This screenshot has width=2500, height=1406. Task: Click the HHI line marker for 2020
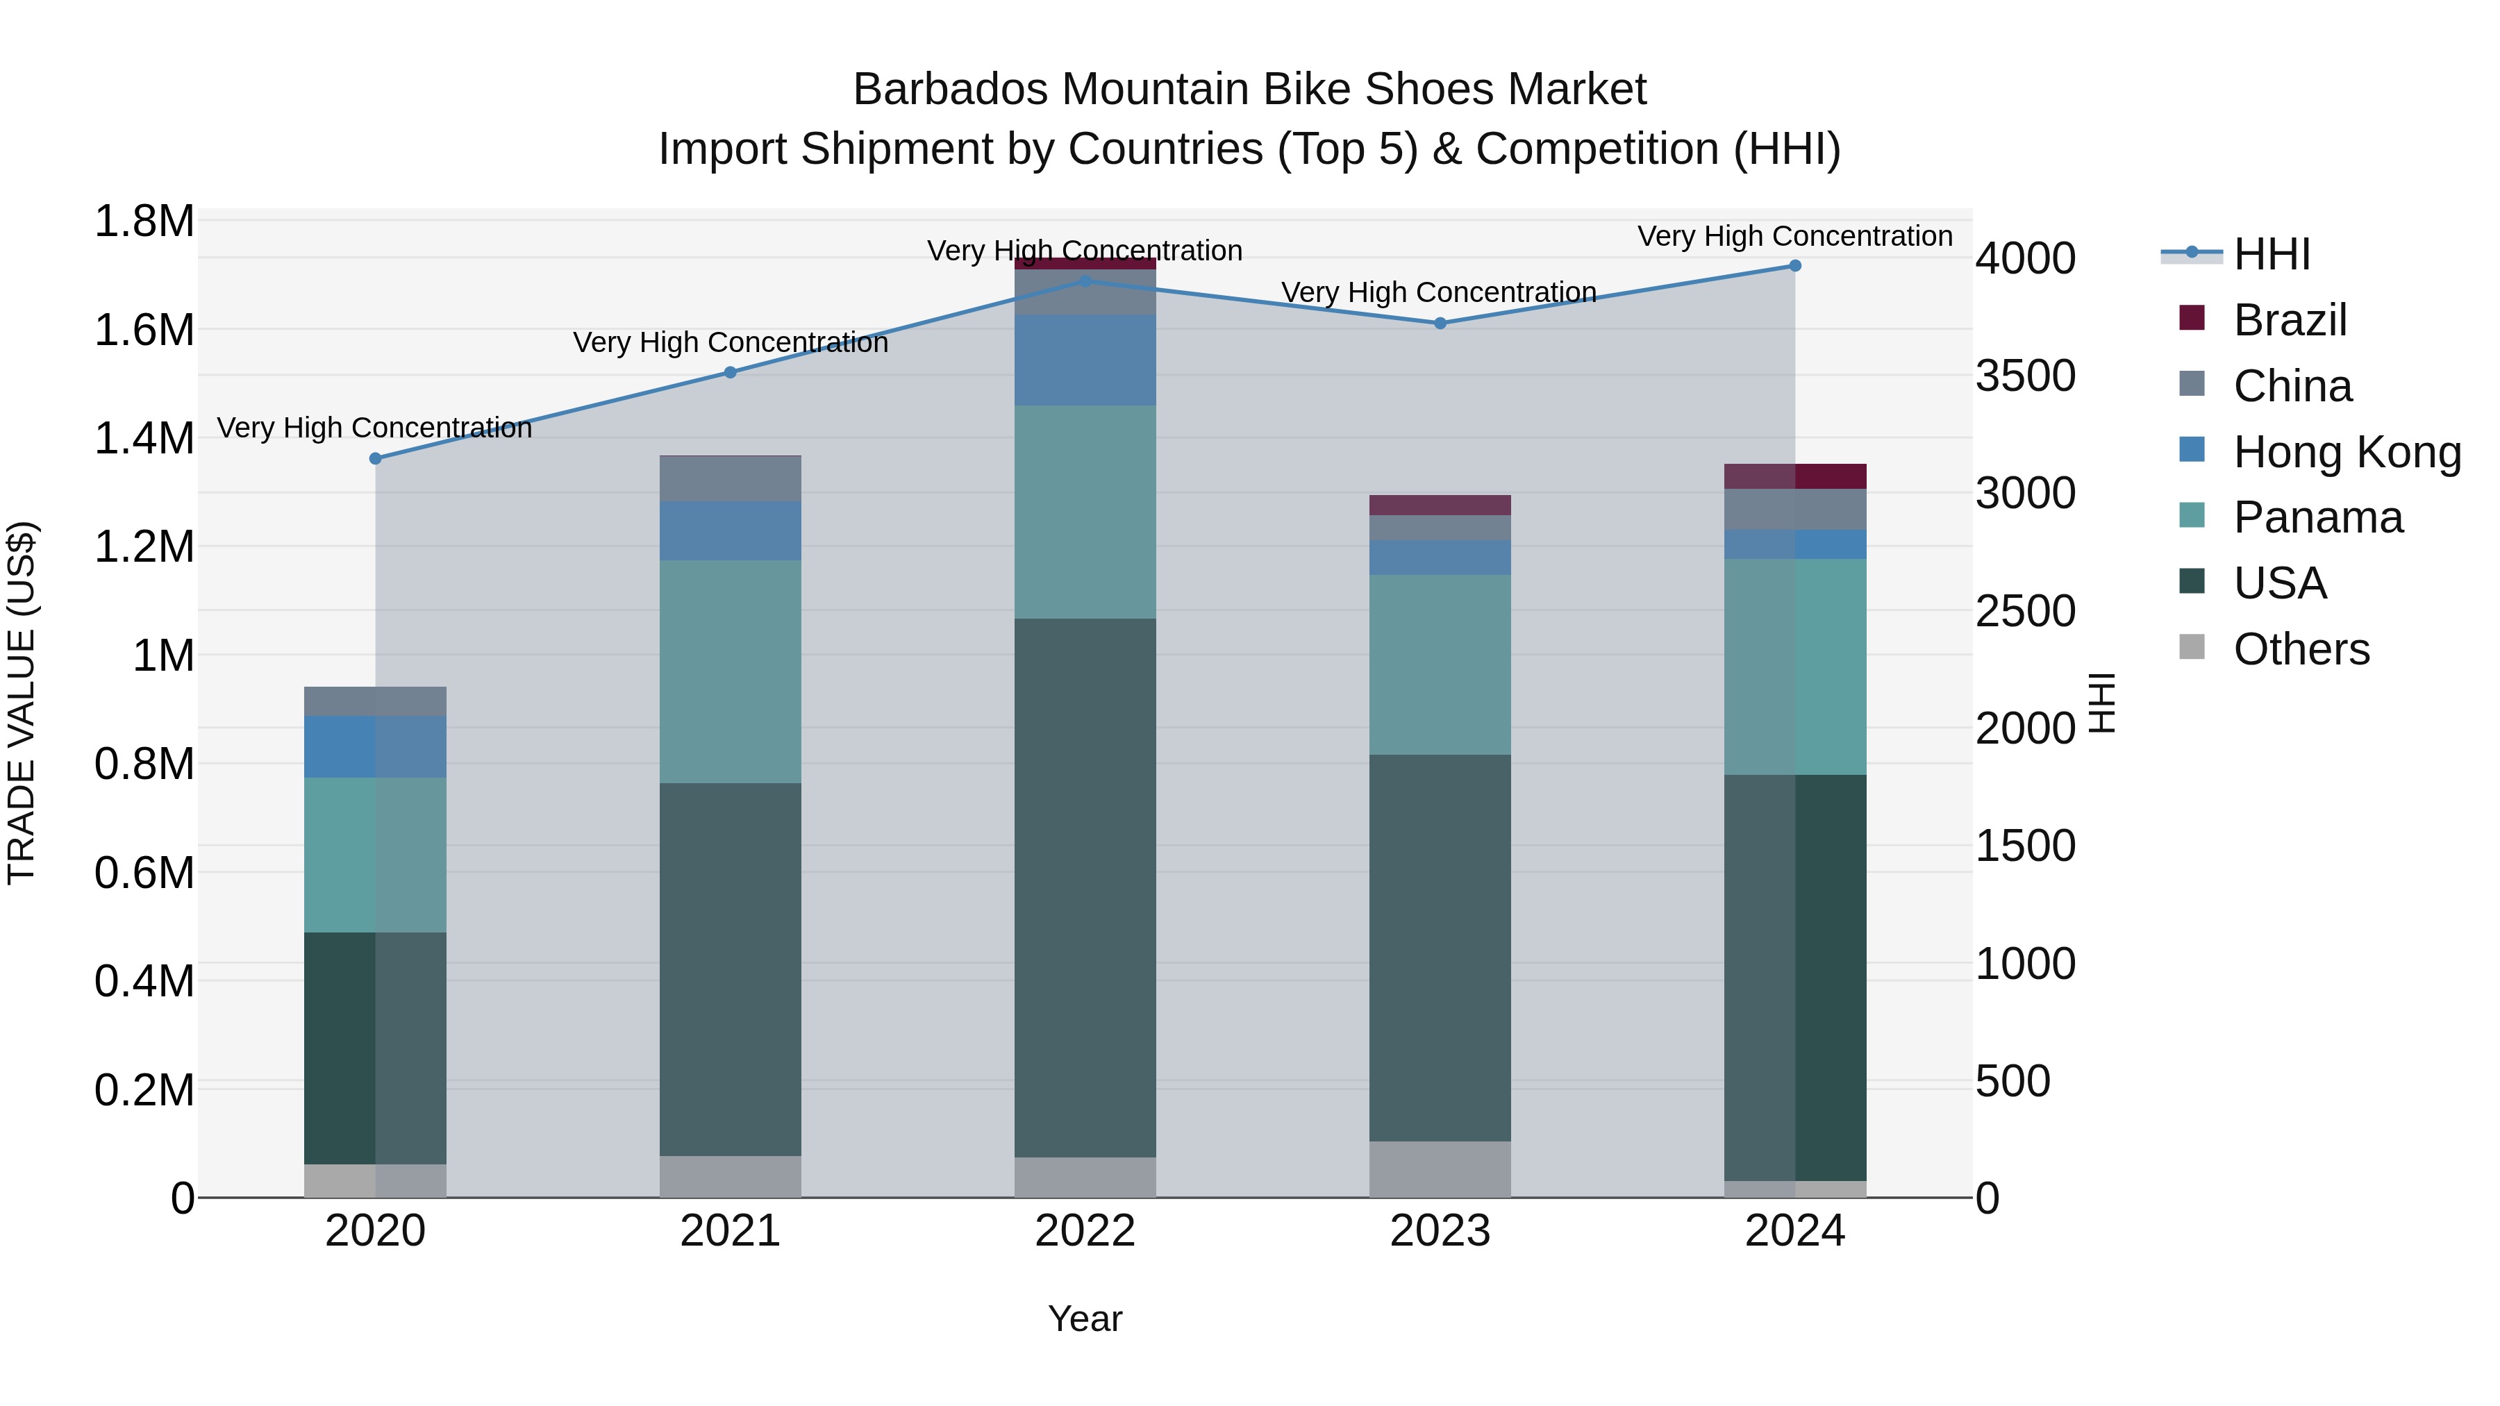click(x=376, y=458)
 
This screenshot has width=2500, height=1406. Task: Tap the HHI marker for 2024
click(x=1795, y=266)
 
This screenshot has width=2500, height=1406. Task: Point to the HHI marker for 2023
click(x=1440, y=323)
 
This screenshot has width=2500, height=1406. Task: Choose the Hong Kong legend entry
click(x=2347, y=452)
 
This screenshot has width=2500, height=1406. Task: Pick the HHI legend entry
click(x=2271, y=254)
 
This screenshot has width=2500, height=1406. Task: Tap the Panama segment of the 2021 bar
click(x=731, y=671)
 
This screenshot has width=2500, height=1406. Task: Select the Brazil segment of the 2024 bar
click(x=1795, y=476)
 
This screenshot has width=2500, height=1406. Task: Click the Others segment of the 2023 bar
click(x=1440, y=1169)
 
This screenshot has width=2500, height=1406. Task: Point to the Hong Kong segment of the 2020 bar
click(x=376, y=747)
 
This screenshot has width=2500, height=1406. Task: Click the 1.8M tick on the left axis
click(x=144, y=221)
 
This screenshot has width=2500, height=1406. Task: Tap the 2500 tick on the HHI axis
click(x=2026, y=611)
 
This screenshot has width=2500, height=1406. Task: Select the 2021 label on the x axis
click(x=731, y=1231)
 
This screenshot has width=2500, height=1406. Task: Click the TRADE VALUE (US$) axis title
click(x=22, y=703)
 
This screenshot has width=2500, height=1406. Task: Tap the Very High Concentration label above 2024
click(x=1795, y=236)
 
